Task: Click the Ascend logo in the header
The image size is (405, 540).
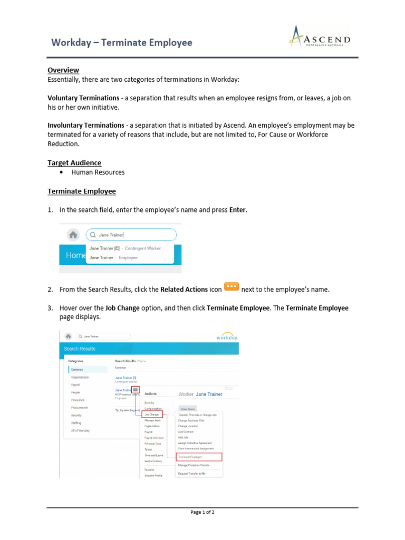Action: click(x=320, y=38)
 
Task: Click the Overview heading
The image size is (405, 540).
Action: click(x=63, y=70)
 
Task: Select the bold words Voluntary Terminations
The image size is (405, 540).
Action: click(x=83, y=98)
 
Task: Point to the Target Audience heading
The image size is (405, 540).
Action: click(x=74, y=163)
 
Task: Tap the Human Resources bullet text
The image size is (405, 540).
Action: click(x=98, y=172)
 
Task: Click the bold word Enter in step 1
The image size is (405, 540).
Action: click(x=237, y=210)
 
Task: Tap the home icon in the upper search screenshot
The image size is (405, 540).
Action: click(x=73, y=235)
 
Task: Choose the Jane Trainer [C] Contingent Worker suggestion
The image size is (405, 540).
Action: click(x=125, y=248)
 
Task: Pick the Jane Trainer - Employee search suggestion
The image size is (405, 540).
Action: click(x=113, y=258)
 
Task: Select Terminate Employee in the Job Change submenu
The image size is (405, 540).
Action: click(x=190, y=457)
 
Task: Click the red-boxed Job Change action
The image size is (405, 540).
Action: click(x=152, y=414)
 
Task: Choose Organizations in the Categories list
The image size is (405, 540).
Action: click(x=80, y=378)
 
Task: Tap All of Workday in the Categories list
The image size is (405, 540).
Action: click(x=80, y=430)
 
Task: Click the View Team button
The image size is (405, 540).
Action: click(x=188, y=408)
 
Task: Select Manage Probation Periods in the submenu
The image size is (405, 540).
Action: click(x=194, y=465)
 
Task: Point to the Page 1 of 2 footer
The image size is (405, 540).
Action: click(x=202, y=512)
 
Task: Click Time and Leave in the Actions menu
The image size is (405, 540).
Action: click(x=154, y=455)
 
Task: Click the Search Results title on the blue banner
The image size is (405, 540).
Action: click(x=80, y=349)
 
